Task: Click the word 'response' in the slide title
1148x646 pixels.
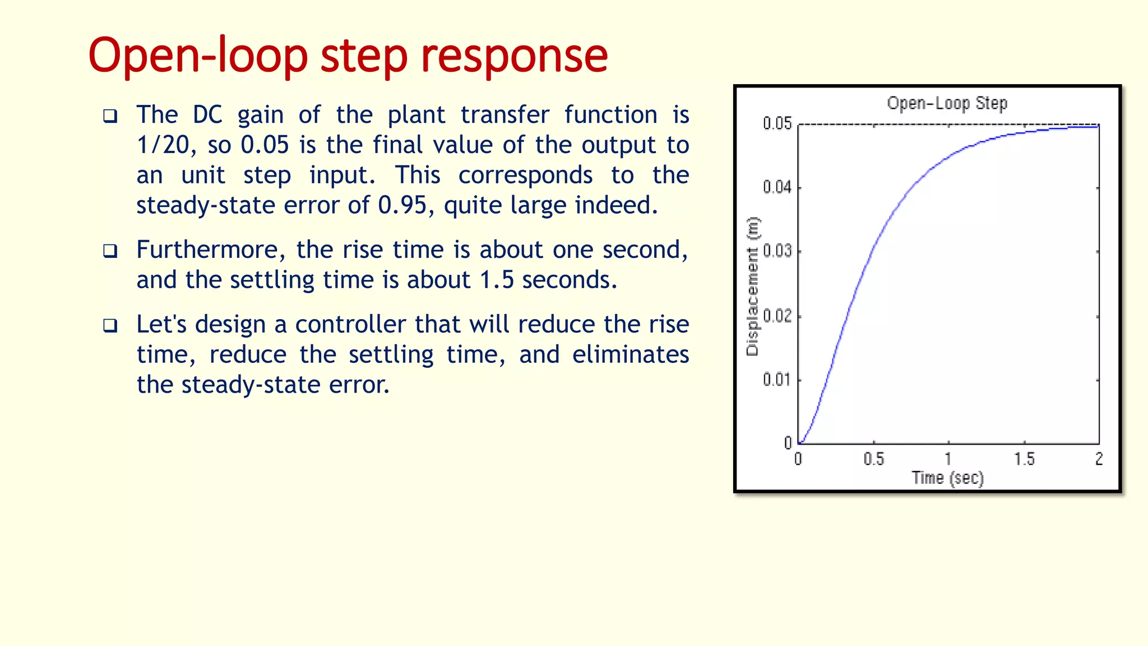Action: pyautogui.click(x=514, y=56)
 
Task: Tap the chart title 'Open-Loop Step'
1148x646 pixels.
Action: pyautogui.click(x=947, y=103)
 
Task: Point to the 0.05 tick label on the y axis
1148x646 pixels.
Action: pyautogui.click(x=777, y=123)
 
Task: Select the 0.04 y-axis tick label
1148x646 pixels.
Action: pyautogui.click(x=777, y=187)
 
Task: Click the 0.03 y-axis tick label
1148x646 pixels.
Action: pyautogui.click(x=777, y=251)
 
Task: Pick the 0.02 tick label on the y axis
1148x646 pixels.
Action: pyautogui.click(x=777, y=316)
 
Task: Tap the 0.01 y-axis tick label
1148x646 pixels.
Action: pyautogui.click(x=777, y=380)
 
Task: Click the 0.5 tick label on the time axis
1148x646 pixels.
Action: pyautogui.click(x=873, y=459)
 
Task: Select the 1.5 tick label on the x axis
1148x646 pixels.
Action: pyautogui.click(x=1024, y=459)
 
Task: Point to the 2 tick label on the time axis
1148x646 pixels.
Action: pyautogui.click(x=1099, y=459)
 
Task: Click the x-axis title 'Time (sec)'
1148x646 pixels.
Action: pyautogui.click(x=947, y=478)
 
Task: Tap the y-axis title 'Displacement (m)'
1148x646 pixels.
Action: pyautogui.click(x=752, y=286)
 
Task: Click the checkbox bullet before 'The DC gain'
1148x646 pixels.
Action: pyautogui.click(x=110, y=116)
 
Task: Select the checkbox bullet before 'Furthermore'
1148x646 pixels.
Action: pyautogui.click(x=110, y=251)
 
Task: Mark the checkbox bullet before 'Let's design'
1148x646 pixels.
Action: pyautogui.click(x=110, y=325)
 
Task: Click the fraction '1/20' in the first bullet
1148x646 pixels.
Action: pyautogui.click(x=163, y=145)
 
